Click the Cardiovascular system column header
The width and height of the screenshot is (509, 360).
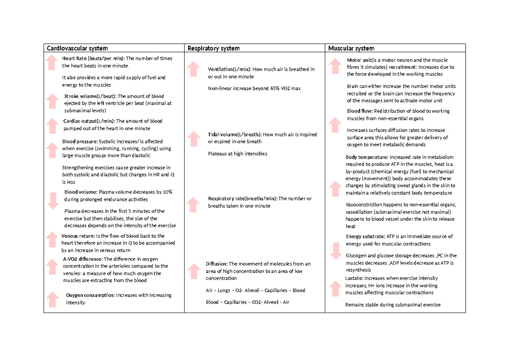[x=77, y=48]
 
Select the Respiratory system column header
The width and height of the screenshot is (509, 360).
[x=214, y=48]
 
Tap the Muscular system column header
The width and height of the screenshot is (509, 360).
[x=351, y=48]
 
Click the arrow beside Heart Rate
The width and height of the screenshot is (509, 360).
[x=52, y=62]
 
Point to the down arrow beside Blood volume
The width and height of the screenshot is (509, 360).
[x=53, y=201]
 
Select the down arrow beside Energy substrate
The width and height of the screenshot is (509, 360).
[x=335, y=251]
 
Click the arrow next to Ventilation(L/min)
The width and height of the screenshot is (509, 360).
[x=193, y=69]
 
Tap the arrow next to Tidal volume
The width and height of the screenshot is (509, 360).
[x=193, y=139]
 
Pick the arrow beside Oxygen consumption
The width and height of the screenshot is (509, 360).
[x=53, y=299]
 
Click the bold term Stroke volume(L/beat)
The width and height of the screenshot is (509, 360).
[x=89, y=96]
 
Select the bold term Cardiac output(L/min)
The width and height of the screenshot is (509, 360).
[x=89, y=121]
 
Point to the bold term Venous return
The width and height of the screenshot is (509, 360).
[x=78, y=236]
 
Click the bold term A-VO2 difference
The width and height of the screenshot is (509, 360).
[x=82, y=259]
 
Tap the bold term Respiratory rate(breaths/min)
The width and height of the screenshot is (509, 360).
[x=242, y=198]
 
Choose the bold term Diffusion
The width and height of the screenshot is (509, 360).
[x=216, y=263]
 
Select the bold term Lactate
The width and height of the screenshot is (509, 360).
[x=354, y=278]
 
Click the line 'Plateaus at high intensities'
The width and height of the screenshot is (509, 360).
[x=238, y=153]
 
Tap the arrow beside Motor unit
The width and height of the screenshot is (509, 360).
[x=335, y=67]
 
